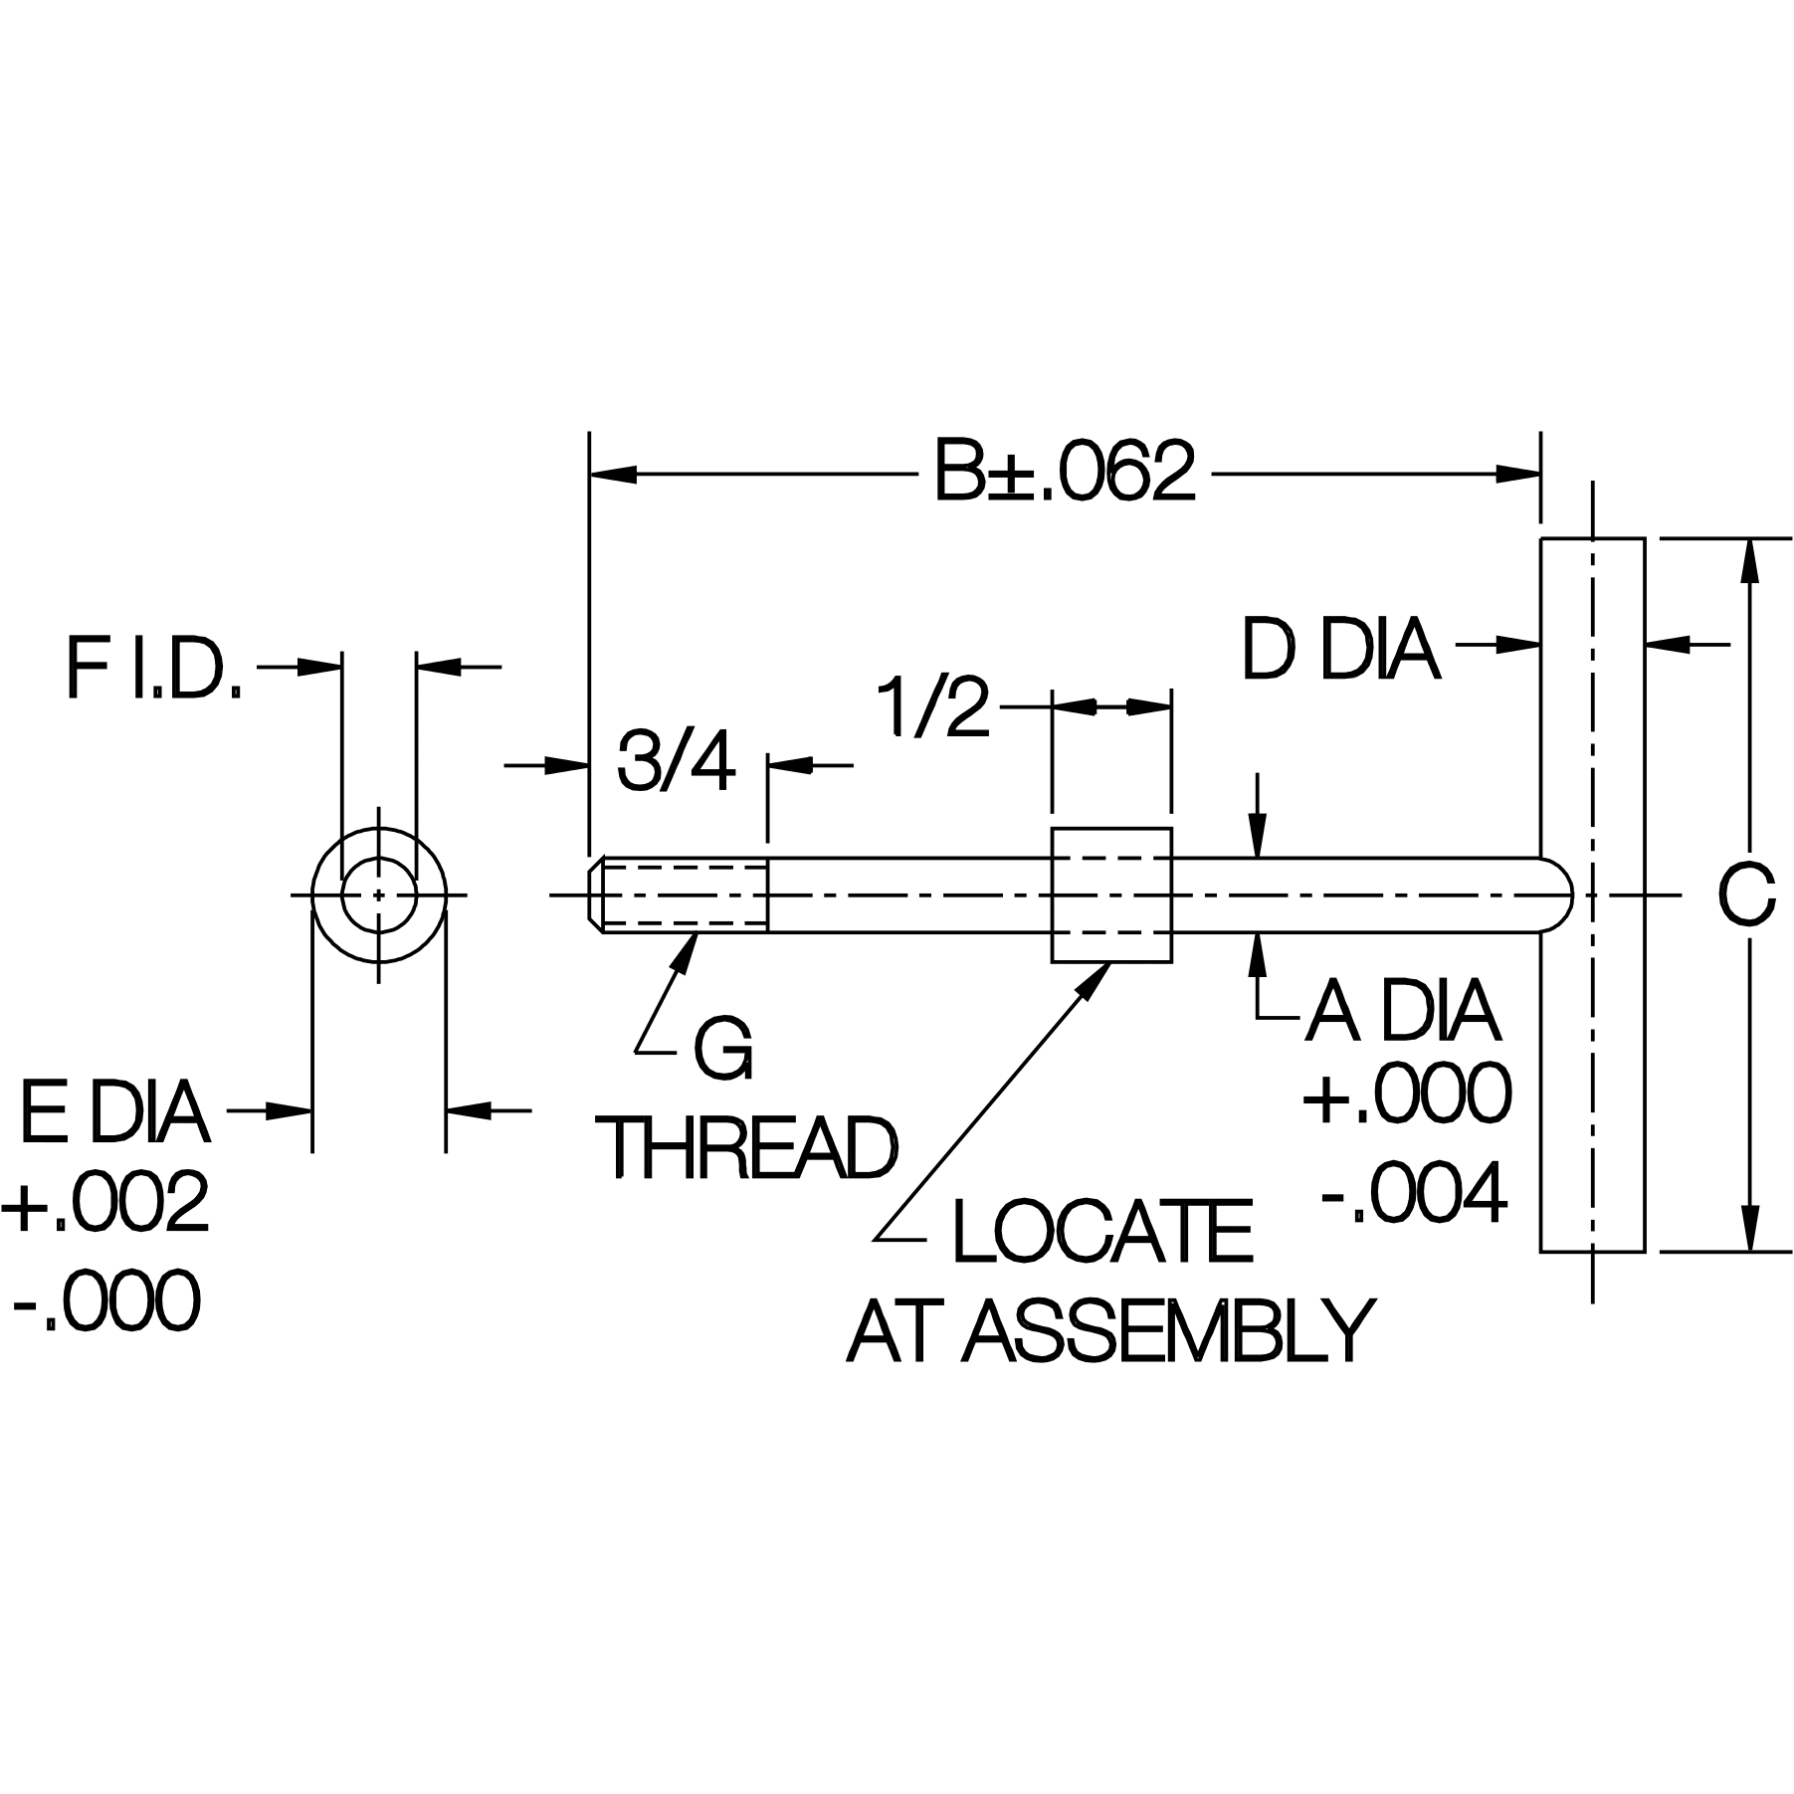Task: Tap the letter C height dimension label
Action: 1745,895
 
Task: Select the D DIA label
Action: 1339,652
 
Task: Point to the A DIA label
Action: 1403,1012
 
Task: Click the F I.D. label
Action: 154,669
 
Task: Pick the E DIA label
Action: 114,1114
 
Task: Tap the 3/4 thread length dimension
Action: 676,763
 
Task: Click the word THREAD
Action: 751,1148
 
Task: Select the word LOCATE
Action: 1102,1233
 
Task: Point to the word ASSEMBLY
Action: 1169,1332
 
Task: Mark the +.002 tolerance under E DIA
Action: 106,1202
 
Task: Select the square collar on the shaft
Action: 1111,895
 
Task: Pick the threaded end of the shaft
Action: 682,895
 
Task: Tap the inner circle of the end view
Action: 378,895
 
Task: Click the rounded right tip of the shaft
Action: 1557,895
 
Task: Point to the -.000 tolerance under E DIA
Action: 106,1301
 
